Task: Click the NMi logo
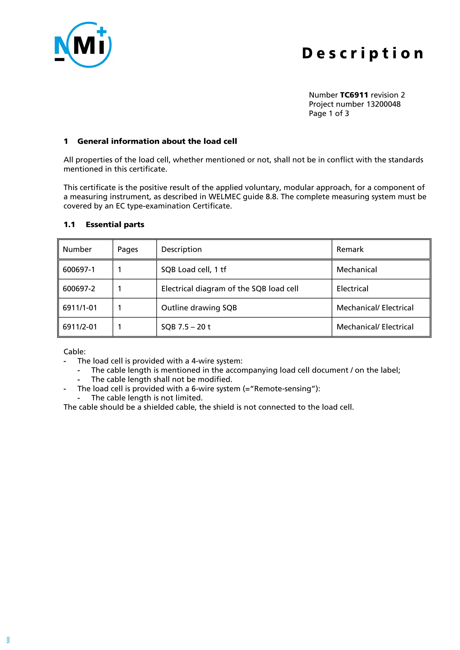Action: tap(83, 45)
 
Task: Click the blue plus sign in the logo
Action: tap(101, 31)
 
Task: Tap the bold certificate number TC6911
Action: tap(354, 95)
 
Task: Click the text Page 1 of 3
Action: tap(329, 114)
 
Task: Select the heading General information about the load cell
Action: tap(157, 141)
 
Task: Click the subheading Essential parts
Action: tap(115, 224)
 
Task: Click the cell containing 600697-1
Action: tap(79, 270)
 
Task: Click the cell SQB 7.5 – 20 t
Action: tap(186, 327)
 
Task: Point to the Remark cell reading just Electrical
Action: tap(352, 289)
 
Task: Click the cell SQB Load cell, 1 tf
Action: tap(194, 270)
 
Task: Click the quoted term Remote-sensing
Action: tap(283, 389)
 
